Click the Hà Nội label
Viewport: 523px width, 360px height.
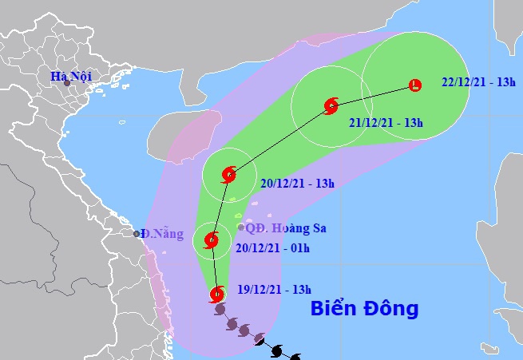69,77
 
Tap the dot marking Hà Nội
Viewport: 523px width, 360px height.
57,83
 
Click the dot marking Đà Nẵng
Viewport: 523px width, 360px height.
137,234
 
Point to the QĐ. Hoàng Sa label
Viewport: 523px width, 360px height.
286,228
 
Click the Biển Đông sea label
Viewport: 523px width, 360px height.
364,307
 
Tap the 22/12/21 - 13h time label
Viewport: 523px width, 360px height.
477,82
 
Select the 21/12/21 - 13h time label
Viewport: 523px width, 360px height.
386,122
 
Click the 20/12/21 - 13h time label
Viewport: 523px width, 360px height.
297,183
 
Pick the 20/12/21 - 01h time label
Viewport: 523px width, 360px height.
273,247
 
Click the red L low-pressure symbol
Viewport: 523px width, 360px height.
414,85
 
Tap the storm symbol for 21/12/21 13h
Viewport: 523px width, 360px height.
331,105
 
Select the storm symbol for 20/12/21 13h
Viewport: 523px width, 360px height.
229,174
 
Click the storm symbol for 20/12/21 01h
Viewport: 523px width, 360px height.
212,239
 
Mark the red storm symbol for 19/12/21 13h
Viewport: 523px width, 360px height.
217,295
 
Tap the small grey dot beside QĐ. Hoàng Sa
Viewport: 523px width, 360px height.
241,227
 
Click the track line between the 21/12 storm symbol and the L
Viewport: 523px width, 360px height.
373,95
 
